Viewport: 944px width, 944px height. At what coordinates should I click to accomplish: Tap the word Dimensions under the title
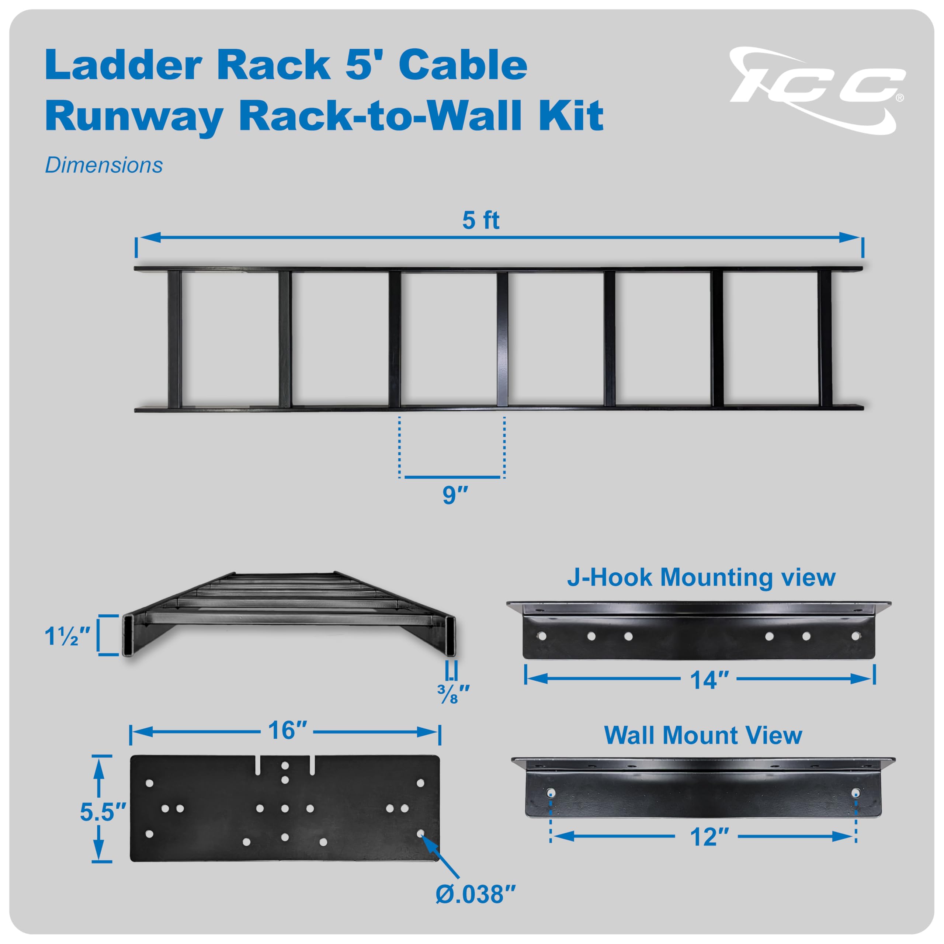[104, 166]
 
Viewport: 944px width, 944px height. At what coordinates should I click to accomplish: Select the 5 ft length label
[481, 221]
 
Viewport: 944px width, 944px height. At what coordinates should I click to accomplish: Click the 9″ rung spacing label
[455, 496]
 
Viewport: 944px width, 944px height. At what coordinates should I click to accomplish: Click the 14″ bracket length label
[709, 680]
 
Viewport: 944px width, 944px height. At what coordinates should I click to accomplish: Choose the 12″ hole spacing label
[709, 837]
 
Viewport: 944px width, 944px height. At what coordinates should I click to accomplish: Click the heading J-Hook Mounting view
[701, 577]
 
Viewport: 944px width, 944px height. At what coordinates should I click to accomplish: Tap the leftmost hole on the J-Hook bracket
[541, 636]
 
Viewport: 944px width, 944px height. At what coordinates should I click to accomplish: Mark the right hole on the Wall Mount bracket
[855, 792]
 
